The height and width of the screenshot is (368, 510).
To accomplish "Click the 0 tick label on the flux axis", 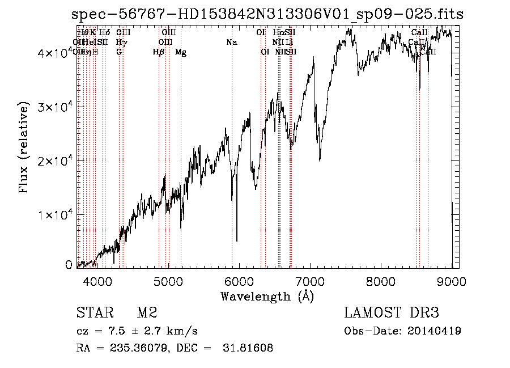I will [69, 265].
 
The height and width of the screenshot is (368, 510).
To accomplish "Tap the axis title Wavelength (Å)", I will [267, 297].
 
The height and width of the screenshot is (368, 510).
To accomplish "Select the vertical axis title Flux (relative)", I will [24, 148].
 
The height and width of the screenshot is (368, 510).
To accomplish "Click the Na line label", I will [231, 42].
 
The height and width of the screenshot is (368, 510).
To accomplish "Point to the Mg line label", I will [181, 52].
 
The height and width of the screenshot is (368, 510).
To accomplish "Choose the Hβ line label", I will [159, 52].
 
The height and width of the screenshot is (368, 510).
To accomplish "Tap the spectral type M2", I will [146, 314].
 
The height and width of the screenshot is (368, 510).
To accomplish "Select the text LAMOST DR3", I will [391, 314].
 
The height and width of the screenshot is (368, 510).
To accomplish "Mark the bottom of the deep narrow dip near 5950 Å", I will [237, 240].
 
